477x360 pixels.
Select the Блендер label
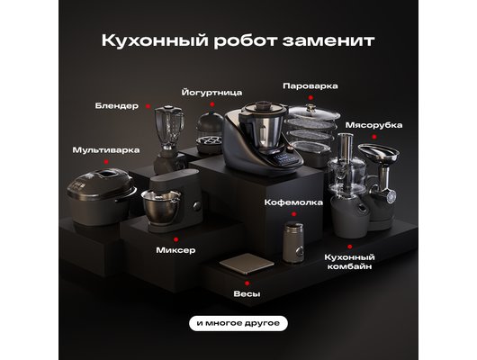click(x=117, y=105)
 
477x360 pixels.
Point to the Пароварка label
click(x=310, y=86)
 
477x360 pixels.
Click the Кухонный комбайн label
click(x=348, y=262)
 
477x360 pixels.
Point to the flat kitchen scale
click(x=243, y=265)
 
